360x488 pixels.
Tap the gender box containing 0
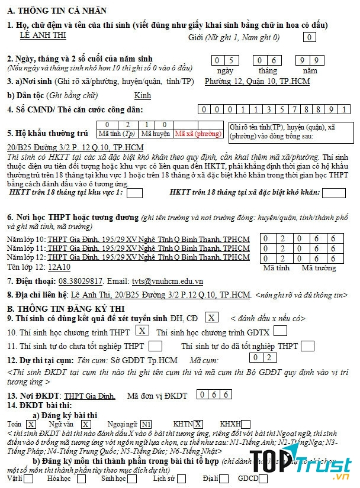[x=308, y=37]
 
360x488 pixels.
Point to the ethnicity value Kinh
[x=143, y=96]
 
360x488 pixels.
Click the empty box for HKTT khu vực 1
[x=135, y=193]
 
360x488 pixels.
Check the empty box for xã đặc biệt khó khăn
[x=333, y=193]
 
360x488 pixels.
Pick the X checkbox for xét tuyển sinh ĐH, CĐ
[x=212, y=318]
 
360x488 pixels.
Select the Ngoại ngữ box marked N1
[x=146, y=424]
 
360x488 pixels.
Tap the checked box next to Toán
[x=31, y=424]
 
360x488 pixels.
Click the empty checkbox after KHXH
[x=246, y=424]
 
